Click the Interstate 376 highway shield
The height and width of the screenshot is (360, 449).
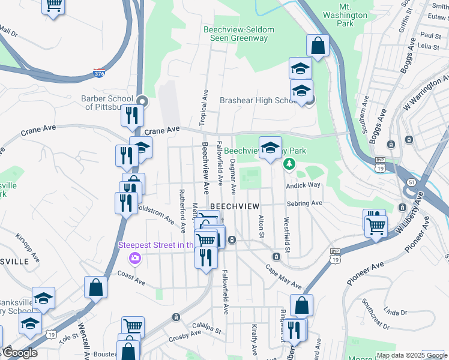(99, 73)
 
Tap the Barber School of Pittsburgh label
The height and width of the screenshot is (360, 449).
(107, 103)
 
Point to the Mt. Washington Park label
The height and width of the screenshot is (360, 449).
(345, 19)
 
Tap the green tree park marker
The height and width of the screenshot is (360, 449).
(289, 163)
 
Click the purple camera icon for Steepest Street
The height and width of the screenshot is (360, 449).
(134, 258)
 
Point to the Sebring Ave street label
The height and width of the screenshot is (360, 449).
(304, 203)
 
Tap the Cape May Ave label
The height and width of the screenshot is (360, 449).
(283, 277)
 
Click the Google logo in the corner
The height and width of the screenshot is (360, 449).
(19, 353)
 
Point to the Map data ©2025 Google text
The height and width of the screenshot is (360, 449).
(411, 355)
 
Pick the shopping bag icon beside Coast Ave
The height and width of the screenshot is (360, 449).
(96, 287)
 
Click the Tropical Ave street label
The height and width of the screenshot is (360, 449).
(204, 108)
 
